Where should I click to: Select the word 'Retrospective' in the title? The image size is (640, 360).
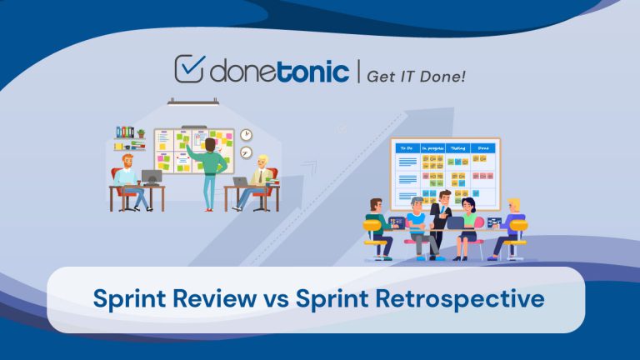point(452,297)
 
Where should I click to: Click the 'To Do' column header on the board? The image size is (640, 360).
point(407,147)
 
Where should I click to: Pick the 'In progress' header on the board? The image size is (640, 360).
point(433,147)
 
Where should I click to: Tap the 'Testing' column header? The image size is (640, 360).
point(457,147)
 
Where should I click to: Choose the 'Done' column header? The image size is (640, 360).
point(482,147)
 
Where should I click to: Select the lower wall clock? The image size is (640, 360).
point(247,152)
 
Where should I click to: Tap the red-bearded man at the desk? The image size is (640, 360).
point(127,176)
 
